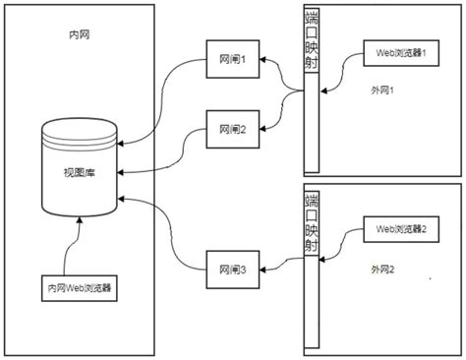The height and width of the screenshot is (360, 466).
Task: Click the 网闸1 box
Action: click(230, 60)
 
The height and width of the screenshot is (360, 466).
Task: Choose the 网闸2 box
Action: click(230, 128)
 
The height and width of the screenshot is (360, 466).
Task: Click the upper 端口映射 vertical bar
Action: click(312, 54)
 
